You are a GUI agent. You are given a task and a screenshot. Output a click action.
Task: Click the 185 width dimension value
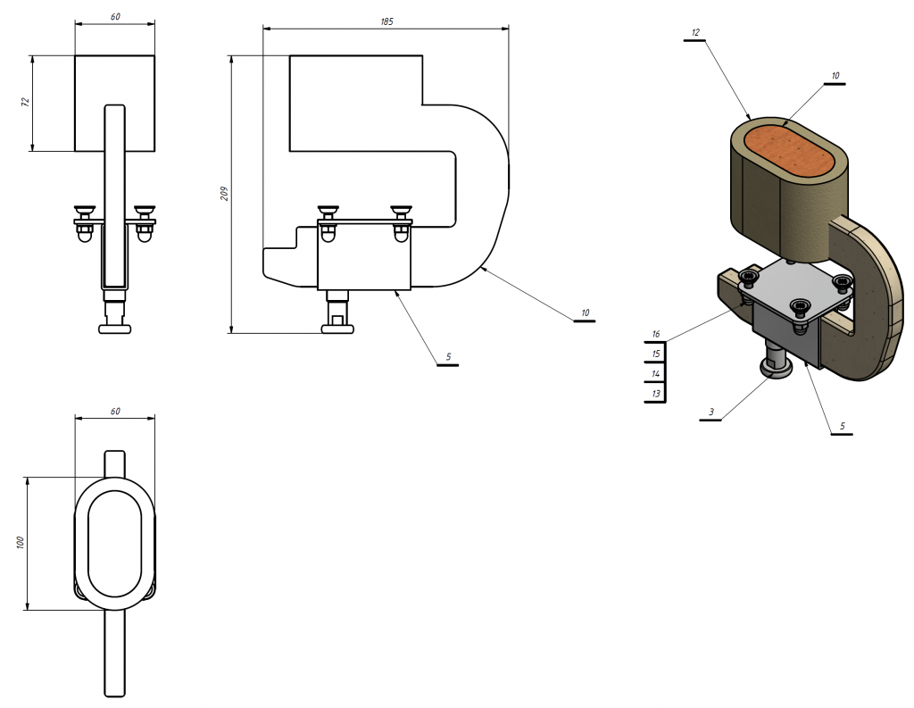386,21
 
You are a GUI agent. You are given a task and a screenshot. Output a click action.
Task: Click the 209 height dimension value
224,194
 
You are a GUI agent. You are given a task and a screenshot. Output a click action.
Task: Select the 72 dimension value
25,102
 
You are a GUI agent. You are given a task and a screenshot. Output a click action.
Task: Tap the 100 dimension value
20,542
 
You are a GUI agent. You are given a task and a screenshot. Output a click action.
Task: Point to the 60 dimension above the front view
115,17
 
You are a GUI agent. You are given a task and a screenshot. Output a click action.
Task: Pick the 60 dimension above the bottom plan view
115,412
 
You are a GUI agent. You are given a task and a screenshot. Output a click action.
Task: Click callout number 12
694,33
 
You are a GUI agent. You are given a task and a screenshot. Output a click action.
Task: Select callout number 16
656,334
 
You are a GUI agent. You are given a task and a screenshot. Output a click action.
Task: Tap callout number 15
656,354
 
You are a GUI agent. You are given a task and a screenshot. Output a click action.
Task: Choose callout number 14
656,374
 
